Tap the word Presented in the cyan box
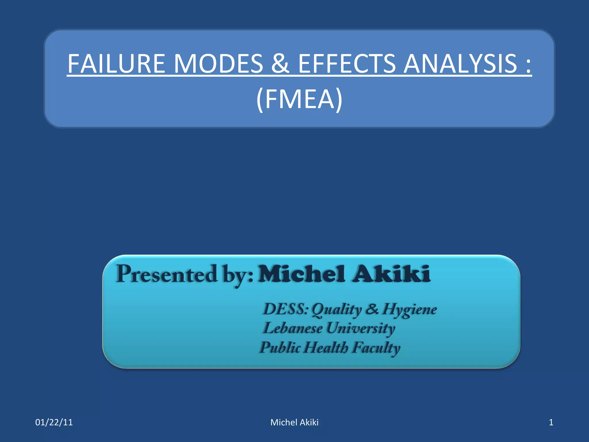click(x=167, y=274)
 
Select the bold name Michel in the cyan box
click(x=302, y=274)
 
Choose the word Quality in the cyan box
click(x=336, y=310)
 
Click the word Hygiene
click(x=410, y=310)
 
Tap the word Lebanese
click(x=293, y=328)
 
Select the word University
click(x=361, y=329)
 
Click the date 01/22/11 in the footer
click(x=54, y=422)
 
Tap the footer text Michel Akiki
click(x=294, y=422)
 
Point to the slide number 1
click(x=551, y=422)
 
